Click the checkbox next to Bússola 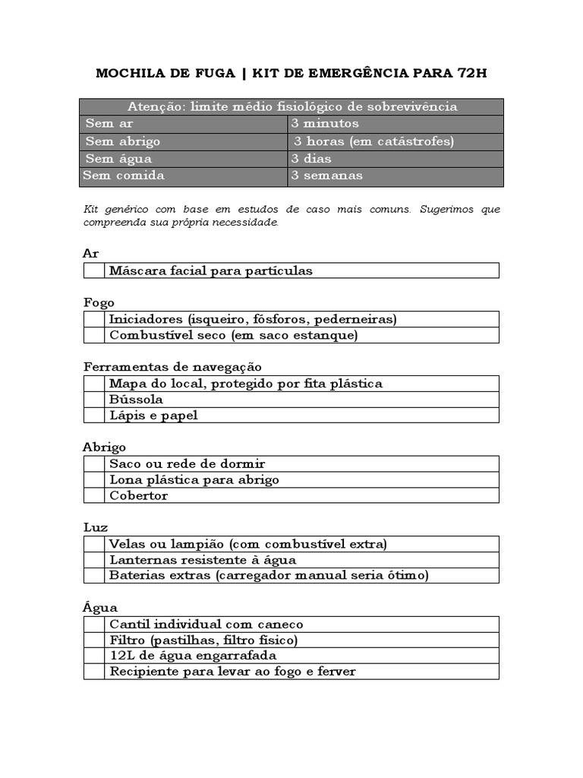coord(94,399)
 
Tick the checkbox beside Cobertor coord(94,495)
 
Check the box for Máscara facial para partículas coord(94,270)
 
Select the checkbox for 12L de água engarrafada coord(94,655)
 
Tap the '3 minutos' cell coord(395,124)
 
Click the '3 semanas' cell coord(395,176)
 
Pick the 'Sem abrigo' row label coord(123,141)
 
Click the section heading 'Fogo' coord(99,302)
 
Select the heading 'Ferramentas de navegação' coord(172,367)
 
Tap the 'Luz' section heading coord(96,527)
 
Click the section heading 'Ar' coord(91,254)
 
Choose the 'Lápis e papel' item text coord(153,416)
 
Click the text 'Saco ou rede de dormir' coord(187,463)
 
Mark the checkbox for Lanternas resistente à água coord(94,560)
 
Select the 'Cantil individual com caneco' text coord(206,624)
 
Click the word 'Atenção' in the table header coord(155,107)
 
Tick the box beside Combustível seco coord(94,335)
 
